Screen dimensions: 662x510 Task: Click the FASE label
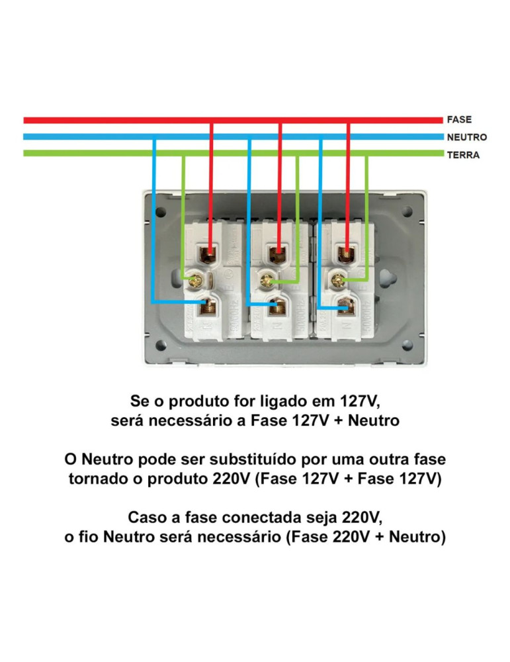coord(459,120)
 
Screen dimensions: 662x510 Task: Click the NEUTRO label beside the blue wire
coord(467,137)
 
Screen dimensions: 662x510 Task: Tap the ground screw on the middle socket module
coord(267,279)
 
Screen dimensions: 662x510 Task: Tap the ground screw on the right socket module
coord(338,279)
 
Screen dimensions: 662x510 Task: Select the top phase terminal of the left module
coord(210,252)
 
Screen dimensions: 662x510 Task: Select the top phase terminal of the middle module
coord(280,252)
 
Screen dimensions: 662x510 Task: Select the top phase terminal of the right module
coord(347,252)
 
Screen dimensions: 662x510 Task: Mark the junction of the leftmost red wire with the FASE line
coord(210,120)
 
